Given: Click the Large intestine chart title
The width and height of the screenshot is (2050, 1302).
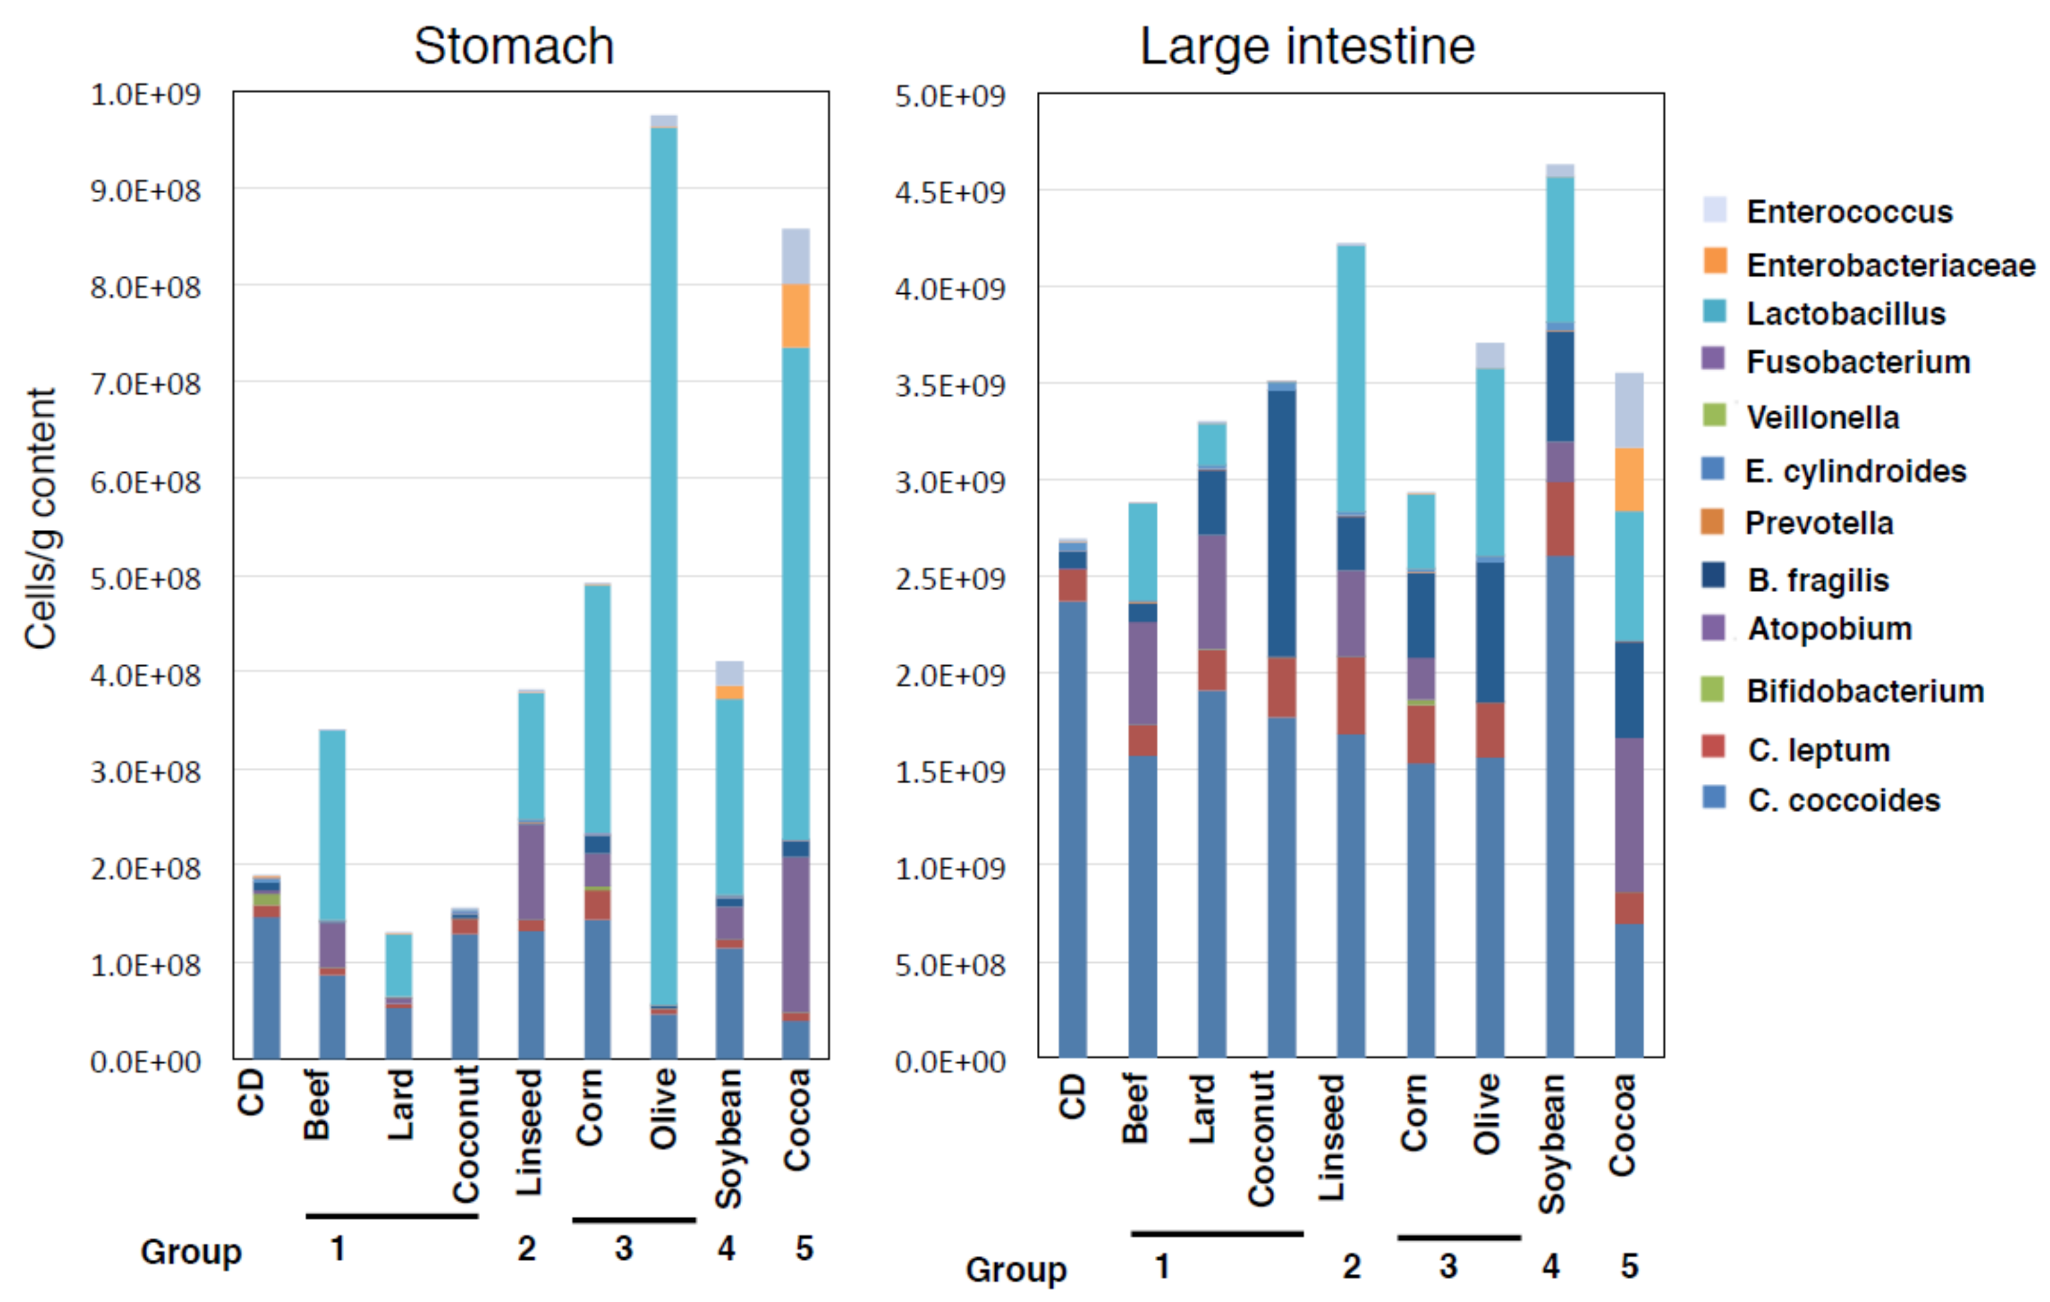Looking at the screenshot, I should pyautogui.click(x=1307, y=46).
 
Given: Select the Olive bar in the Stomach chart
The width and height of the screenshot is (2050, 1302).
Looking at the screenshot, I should pyautogui.click(x=664, y=562).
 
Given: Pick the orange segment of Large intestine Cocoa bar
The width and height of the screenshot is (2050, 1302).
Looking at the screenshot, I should pyautogui.click(x=1629, y=480).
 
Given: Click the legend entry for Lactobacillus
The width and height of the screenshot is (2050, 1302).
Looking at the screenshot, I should pyautogui.click(x=1845, y=314).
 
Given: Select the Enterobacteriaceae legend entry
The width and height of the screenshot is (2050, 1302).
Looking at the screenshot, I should pyautogui.click(x=1889, y=266).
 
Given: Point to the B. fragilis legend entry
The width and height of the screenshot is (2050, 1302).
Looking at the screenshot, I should pyautogui.click(x=1818, y=580).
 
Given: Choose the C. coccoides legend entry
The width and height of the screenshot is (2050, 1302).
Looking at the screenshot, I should pyautogui.click(x=1843, y=801).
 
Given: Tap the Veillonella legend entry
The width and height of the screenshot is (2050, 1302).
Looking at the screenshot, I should pyautogui.click(x=1822, y=418).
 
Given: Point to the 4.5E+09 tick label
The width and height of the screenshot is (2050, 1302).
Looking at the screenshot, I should pyautogui.click(x=949, y=193).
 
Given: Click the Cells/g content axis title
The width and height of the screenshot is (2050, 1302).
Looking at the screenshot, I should pyautogui.click(x=41, y=519).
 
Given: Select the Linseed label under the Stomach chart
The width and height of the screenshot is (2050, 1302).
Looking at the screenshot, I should pyautogui.click(x=529, y=1132).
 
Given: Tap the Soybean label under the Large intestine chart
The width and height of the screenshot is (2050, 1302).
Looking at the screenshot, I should pyautogui.click(x=1551, y=1143).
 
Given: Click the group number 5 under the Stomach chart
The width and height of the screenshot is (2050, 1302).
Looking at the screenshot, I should pyautogui.click(x=804, y=1249).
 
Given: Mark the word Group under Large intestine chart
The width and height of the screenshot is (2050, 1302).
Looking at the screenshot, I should pyautogui.click(x=1015, y=1270).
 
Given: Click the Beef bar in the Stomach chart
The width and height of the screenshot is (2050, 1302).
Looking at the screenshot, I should pyautogui.click(x=332, y=894).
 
